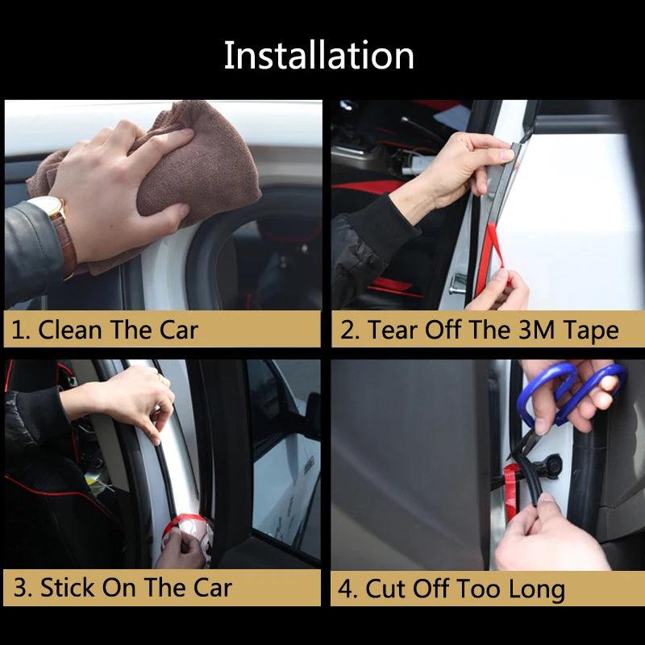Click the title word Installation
(x=318, y=56)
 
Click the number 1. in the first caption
(x=21, y=330)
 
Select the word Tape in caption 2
(x=591, y=330)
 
